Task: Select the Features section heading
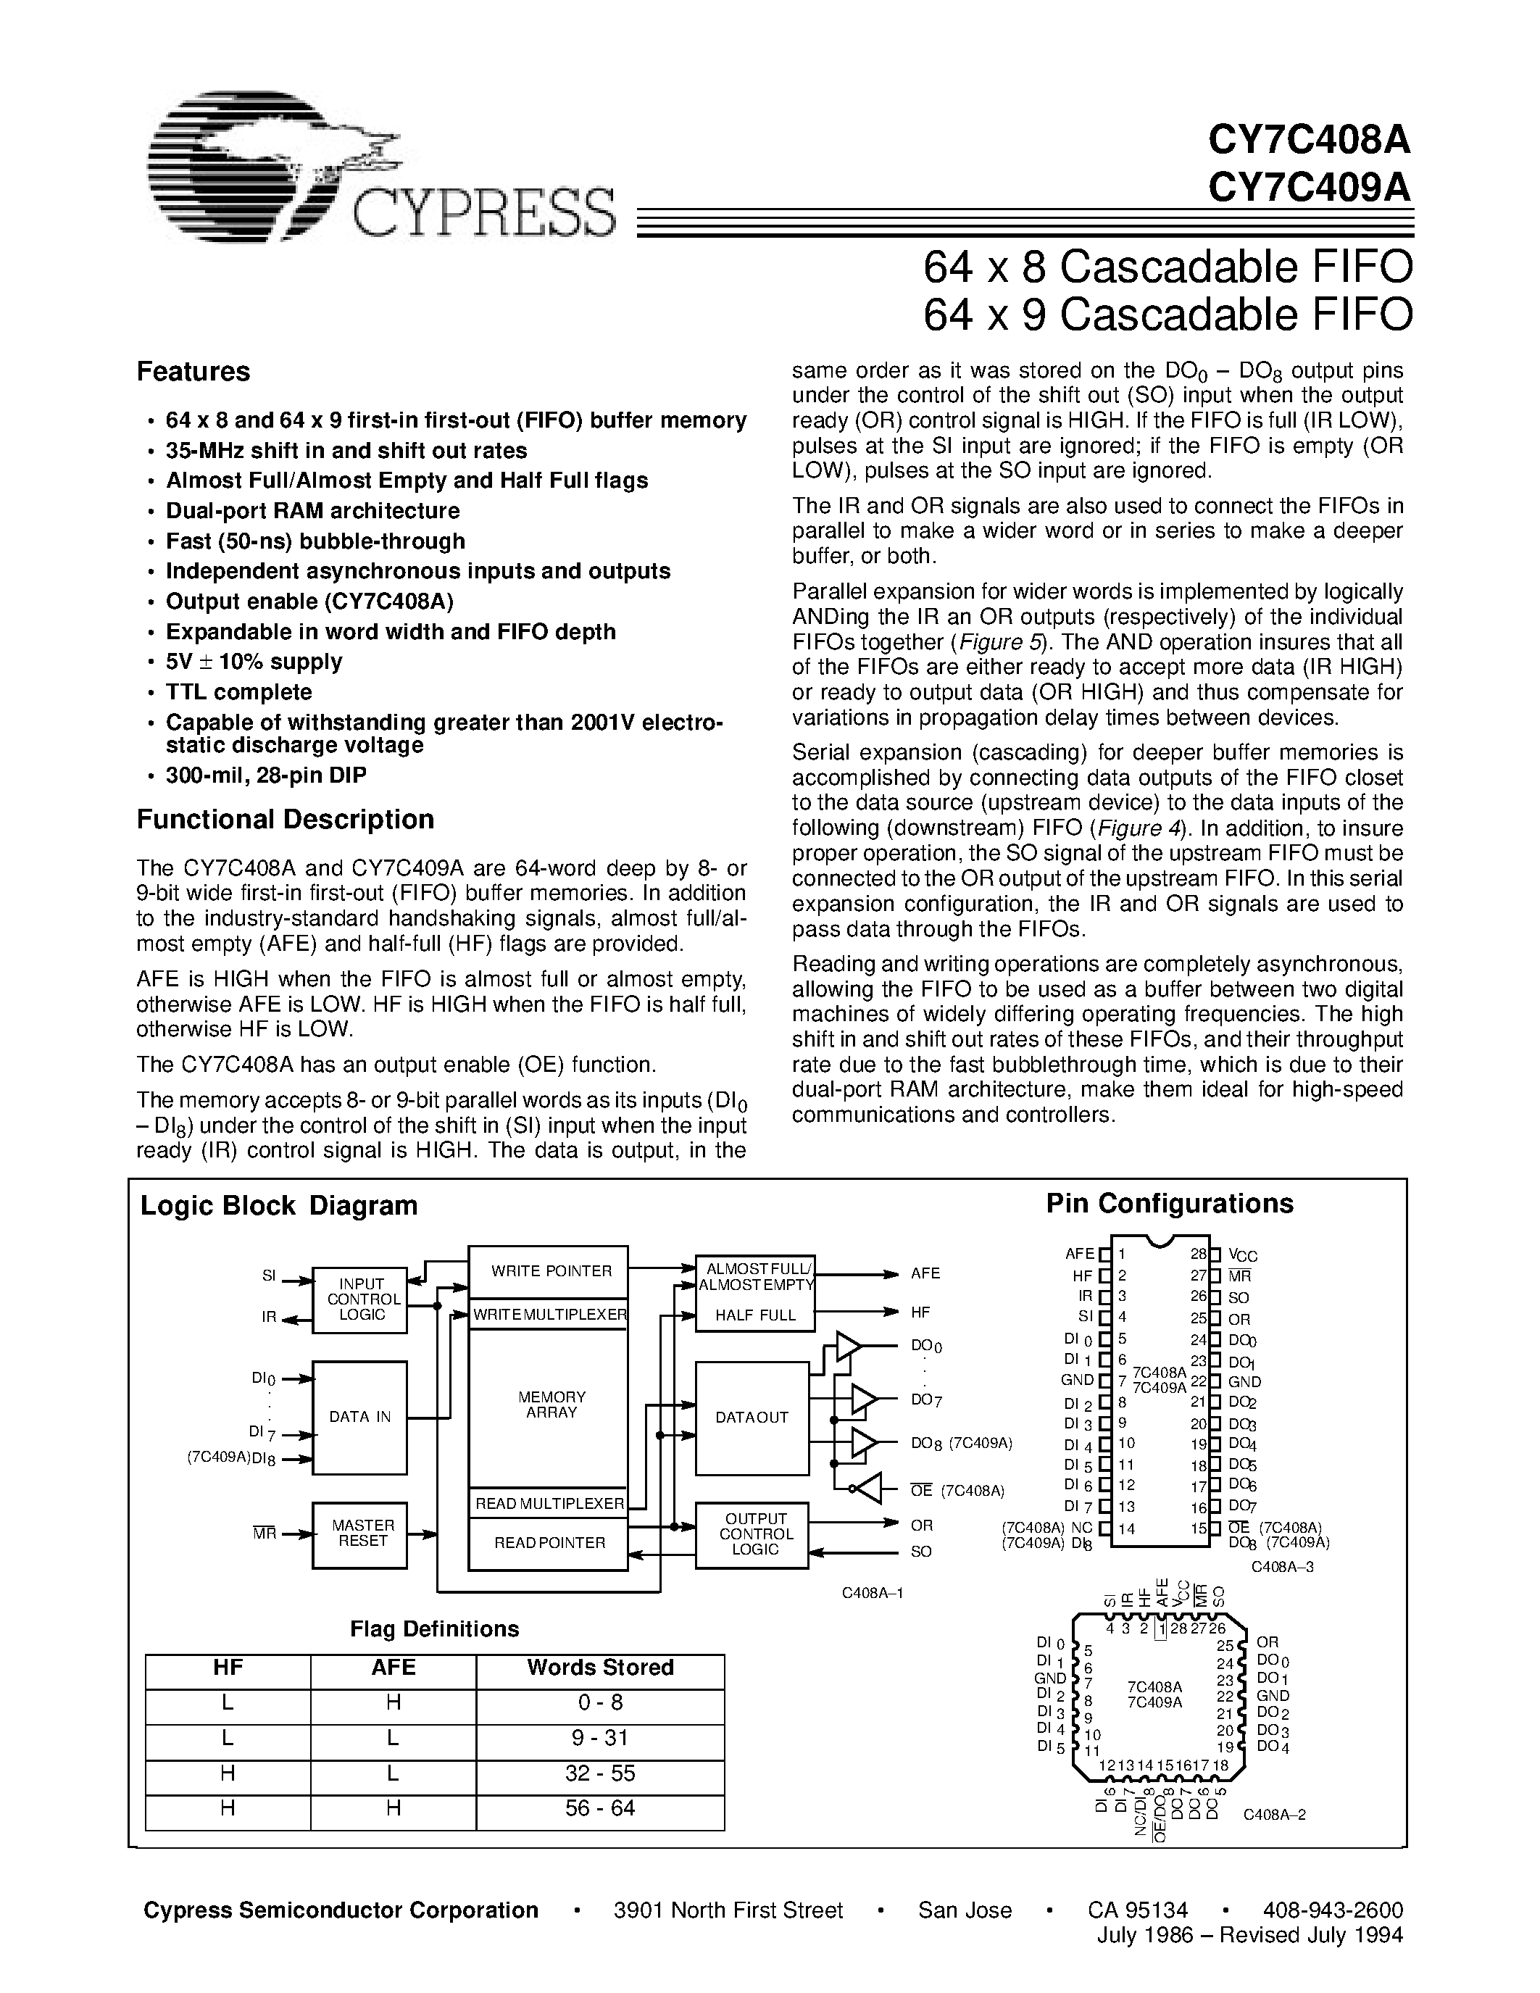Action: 193,371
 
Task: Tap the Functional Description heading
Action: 285,820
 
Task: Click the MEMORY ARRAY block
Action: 550,1405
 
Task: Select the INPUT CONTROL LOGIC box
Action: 360,1299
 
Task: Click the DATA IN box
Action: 360,1416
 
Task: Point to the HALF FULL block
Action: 754,1315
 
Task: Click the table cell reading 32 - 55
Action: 599,1773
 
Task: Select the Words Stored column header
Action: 599,1667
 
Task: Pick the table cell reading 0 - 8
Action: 599,1703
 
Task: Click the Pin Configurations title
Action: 1169,1204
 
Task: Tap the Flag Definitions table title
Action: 434,1629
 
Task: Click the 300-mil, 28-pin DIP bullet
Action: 265,775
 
